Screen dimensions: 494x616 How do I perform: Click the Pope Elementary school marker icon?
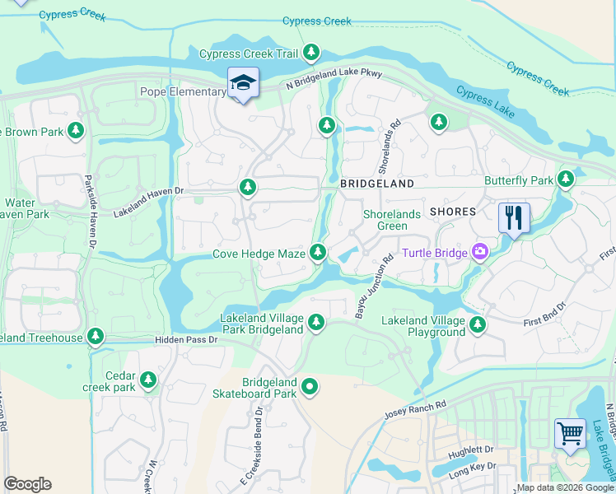[243, 83]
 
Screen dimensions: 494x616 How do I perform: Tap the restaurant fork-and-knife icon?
[514, 219]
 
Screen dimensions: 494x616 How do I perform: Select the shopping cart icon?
[570, 434]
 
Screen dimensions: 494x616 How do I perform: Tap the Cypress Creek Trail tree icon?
[310, 54]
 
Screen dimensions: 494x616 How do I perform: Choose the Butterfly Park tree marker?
[565, 179]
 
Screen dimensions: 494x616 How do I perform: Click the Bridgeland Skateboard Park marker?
[310, 385]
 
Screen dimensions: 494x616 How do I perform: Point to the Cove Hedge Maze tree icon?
[317, 254]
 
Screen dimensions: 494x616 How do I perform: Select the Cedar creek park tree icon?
[148, 380]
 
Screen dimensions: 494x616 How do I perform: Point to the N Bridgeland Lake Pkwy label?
[334, 79]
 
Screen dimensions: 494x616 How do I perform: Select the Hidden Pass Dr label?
[185, 339]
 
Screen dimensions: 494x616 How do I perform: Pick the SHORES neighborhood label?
[452, 212]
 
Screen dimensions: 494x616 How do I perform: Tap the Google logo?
[27, 484]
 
